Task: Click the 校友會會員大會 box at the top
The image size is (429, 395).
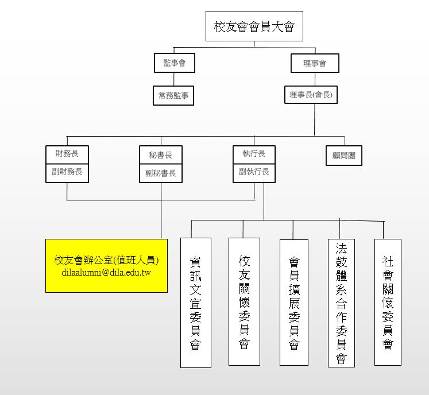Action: tap(254, 27)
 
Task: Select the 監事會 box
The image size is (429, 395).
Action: tap(175, 63)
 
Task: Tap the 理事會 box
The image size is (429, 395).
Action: tap(314, 63)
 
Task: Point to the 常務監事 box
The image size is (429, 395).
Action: tap(174, 96)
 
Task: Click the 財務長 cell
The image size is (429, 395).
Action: tap(67, 154)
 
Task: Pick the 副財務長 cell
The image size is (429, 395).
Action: tap(67, 172)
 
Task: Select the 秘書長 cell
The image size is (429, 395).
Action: tap(161, 155)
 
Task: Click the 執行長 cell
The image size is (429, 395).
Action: tap(254, 154)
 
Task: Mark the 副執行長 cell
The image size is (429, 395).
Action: tap(254, 172)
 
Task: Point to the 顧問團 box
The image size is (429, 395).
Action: tap(344, 156)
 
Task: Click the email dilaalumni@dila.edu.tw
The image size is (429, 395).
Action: tap(106, 273)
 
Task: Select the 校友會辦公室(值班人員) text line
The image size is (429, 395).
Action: tap(106, 260)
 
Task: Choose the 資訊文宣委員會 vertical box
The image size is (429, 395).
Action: tap(195, 303)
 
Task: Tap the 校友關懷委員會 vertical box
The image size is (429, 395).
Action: tap(244, 301)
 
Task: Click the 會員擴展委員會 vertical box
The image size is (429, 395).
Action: tap(294, 303)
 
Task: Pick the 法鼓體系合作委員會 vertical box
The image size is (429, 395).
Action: tap(341, 303)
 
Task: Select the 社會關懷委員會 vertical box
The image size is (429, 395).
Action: tap(388, 302)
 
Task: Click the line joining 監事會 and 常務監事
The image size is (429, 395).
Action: tap(175, 79)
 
